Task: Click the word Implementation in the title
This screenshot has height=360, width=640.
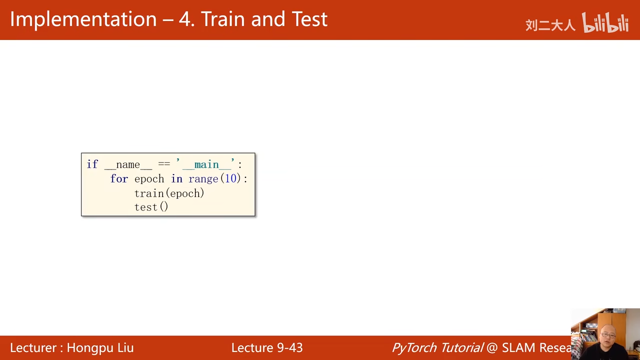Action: (83, 19)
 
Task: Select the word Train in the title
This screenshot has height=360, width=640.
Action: (222, 19)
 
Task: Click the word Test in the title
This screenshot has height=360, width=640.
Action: (309, 19)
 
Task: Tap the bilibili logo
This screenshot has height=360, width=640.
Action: (605, 22)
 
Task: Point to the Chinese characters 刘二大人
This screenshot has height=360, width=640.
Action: (550, 25)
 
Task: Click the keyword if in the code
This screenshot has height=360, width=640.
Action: (92, 164)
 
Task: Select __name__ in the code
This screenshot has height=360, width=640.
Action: (128, 165)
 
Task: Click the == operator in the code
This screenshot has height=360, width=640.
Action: (164, 163)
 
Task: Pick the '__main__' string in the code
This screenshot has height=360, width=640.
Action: (205, 164)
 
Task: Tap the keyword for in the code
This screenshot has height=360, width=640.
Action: (119, 179)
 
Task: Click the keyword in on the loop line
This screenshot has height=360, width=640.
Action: (176, 179)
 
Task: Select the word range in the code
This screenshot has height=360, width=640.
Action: (203, 179)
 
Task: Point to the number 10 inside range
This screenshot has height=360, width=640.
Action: (230, 178)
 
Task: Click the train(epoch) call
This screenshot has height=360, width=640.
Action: (169, 193)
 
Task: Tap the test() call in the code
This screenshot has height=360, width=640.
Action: (151, 207)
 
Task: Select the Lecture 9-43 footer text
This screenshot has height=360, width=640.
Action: (267, 347)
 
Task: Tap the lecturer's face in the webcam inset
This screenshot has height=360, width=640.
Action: (608, 335)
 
